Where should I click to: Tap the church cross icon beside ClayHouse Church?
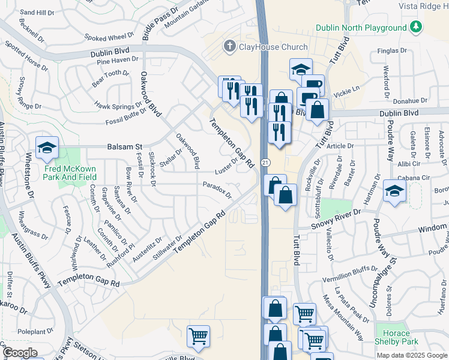229,46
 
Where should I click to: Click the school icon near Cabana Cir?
394,191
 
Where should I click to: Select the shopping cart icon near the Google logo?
197,337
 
